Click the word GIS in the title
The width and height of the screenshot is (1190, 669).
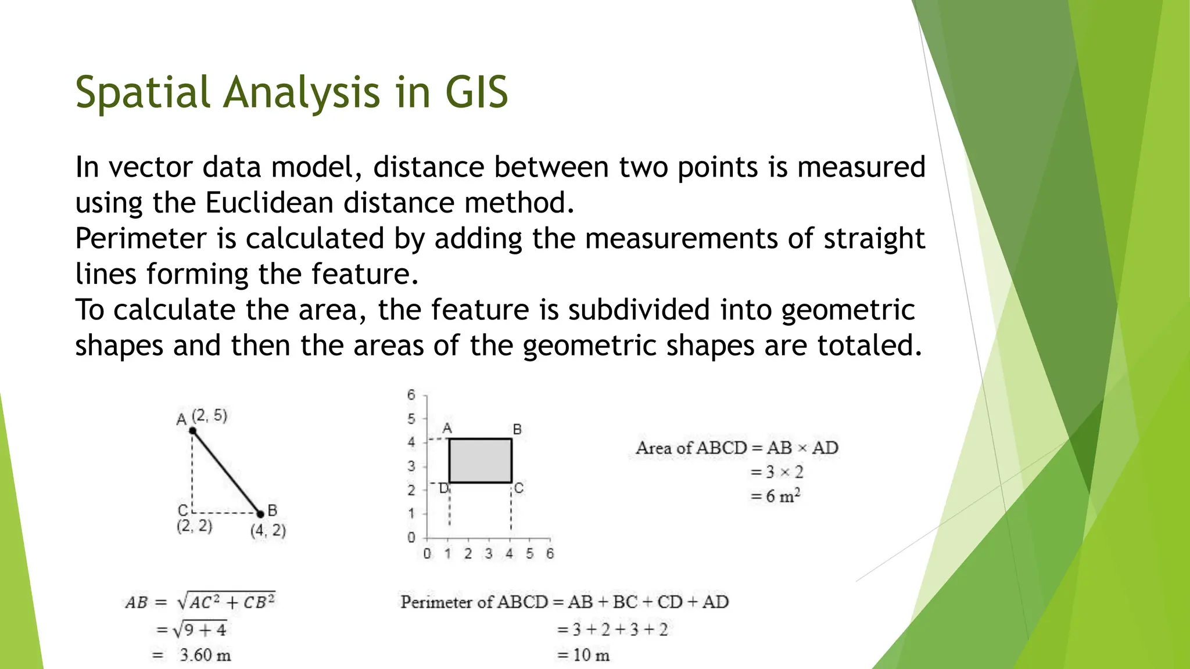(476, 92)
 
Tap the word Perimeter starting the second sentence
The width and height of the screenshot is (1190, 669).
(141, 239)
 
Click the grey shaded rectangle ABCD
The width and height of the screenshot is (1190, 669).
(480, 461)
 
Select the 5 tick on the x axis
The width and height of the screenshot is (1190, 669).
(529, 553)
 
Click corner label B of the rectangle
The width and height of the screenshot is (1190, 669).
(517, 429)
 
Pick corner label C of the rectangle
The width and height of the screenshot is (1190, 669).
(518, 488)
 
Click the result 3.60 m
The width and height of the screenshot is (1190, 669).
(205, 655)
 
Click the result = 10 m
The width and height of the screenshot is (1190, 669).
(583, 655)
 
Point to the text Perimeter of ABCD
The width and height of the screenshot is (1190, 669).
(474, 602)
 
